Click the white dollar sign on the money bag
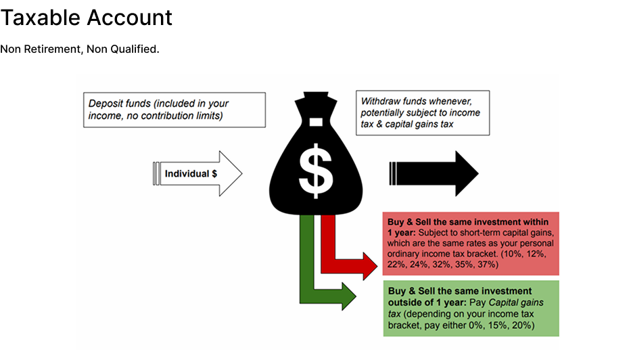coord(316,171)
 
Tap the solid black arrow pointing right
coord(434,174)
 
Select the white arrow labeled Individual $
coord(197,174)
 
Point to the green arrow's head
coord(348,296)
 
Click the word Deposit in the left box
coord(107,104)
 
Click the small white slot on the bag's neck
coord(315,122)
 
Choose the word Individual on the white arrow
coord(186,174)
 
